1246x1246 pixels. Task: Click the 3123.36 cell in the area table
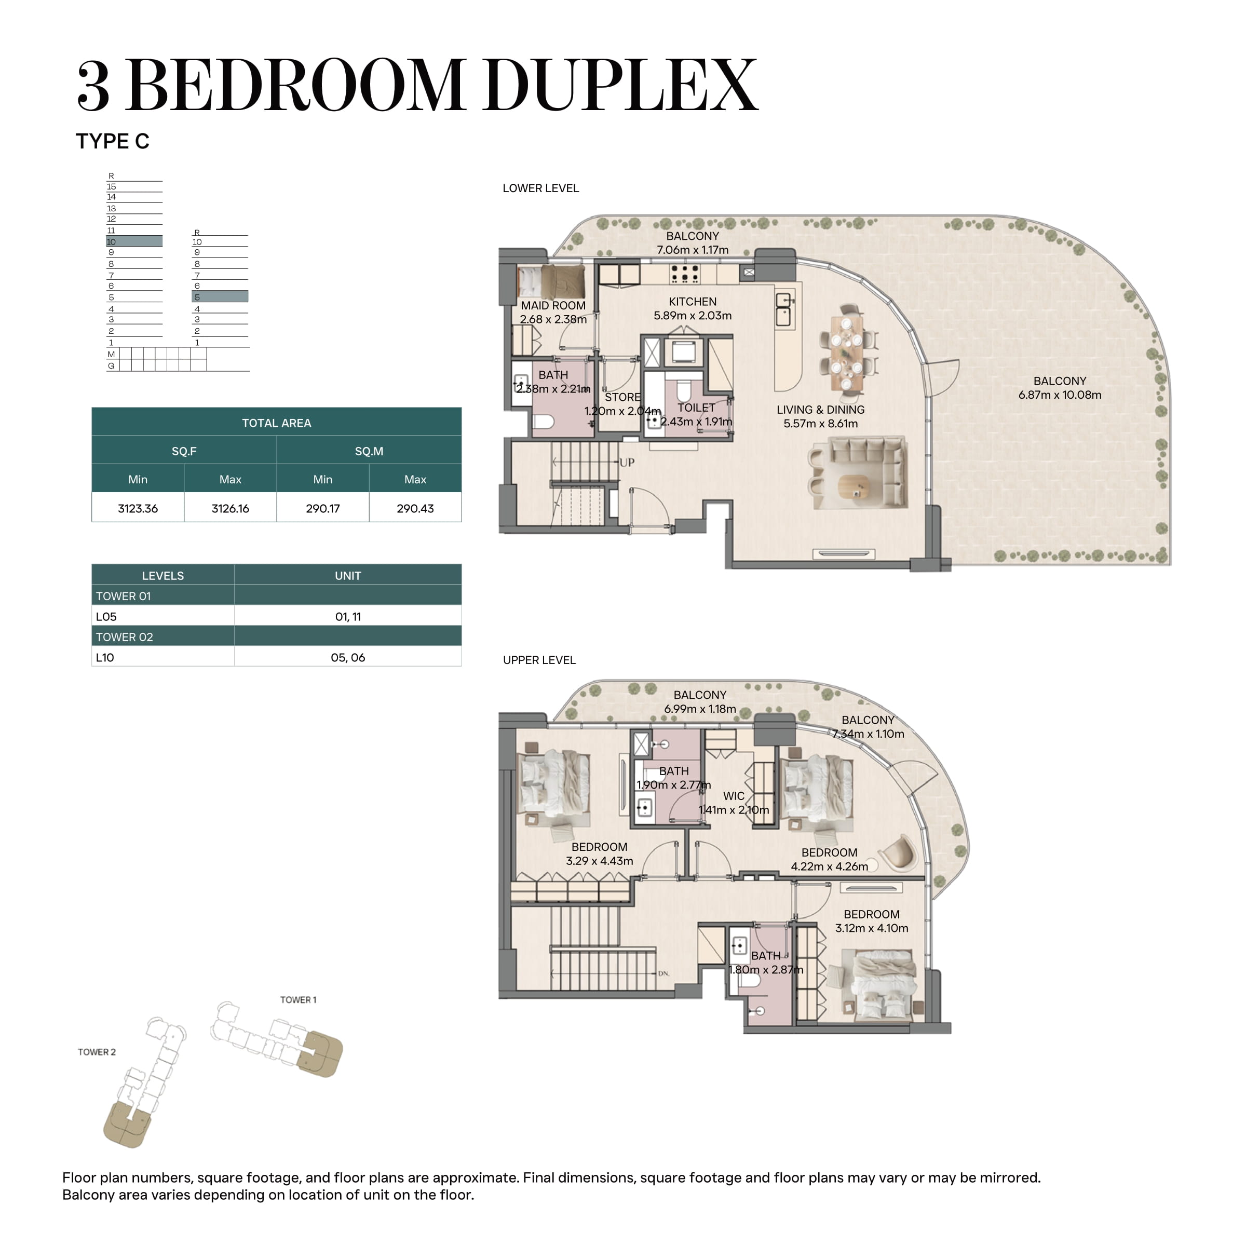[138, 508]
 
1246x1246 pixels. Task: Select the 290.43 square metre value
[415, 508]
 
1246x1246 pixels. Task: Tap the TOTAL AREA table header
[277, 423]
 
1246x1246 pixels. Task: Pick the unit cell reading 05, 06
[348, 657]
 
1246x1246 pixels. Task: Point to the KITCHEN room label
[693, 302]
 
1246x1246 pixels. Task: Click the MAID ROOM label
[553, 306]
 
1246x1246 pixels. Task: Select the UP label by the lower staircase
[627, 463]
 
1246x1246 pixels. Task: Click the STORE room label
[623, 397]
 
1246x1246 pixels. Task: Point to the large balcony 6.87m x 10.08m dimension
[1060, 395]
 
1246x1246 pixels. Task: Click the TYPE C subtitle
[113, 141]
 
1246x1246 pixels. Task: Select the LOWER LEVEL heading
[541, 188]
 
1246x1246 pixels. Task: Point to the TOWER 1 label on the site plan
[298, 999]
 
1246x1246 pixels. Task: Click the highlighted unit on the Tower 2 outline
[128, 1124]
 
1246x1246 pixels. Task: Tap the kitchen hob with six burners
[684, 274]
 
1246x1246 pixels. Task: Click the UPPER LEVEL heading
[540, 660]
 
